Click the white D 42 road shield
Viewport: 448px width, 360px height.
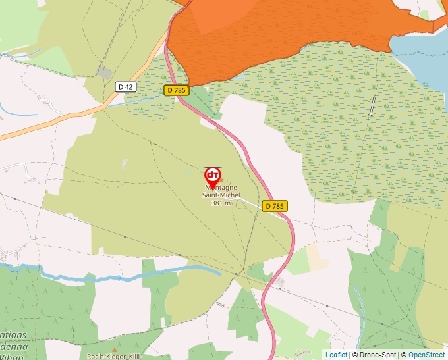click(x=125, y=86)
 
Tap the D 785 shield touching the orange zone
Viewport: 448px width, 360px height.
click(x=177, y=90)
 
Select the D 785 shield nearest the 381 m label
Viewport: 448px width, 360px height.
click(x=275, y=206)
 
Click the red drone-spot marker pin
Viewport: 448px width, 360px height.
click(x=213, y=176)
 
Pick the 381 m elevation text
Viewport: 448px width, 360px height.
click(x=221, y=203)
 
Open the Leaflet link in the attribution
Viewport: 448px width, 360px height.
click(x=336, y=355)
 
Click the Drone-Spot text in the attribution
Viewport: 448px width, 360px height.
click(x=376, y=355)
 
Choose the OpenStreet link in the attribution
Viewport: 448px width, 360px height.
click(x=428, y=355)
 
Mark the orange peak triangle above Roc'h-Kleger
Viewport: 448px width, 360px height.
click(x=115, y=349)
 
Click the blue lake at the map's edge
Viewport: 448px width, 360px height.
click(x=422, y=53)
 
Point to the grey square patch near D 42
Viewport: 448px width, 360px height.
click(x=104, y=72)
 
